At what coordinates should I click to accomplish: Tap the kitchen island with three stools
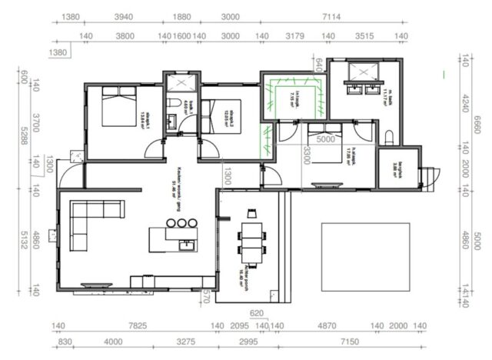pos(175,238)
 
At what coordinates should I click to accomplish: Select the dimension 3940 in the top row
pos(125,17)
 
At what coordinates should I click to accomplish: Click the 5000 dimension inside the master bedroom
pos(326,140)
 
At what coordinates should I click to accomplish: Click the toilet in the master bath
pos(389,137)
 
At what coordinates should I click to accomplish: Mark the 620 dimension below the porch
pos(257,313)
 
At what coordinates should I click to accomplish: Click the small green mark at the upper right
pos(444,75)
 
